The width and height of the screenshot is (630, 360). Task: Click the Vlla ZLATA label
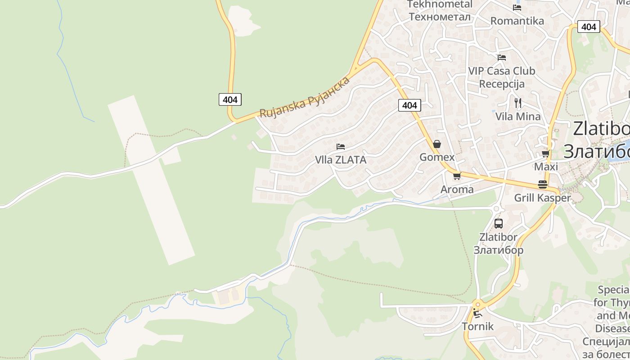point(341,160)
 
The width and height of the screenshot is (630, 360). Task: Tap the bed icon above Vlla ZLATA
point(341,147)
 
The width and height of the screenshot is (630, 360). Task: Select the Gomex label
point(437,157)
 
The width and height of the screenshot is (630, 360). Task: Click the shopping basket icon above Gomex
point(437,144)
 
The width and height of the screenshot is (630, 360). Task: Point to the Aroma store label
point(457,189)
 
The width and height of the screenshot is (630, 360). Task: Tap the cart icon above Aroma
point(457,176)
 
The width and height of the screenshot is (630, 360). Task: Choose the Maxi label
point(546,167)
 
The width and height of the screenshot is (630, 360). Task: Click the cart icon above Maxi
point(546,154)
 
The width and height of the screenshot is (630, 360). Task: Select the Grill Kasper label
point(542,198)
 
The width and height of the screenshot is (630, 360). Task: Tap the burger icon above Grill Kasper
point(543,184)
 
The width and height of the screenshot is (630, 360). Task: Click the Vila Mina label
point(518,117)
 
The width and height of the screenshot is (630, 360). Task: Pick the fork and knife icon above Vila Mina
point(518,103)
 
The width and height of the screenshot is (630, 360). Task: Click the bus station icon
point(498,223)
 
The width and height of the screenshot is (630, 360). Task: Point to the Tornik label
point(477,327)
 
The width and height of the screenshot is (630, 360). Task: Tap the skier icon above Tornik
point(477,313)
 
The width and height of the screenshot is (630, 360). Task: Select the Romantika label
point(517,21)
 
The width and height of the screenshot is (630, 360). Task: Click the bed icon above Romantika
point(517,7)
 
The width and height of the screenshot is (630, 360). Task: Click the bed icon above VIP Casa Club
point(502,58)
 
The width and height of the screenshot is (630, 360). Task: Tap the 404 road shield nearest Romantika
point(588,27)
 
